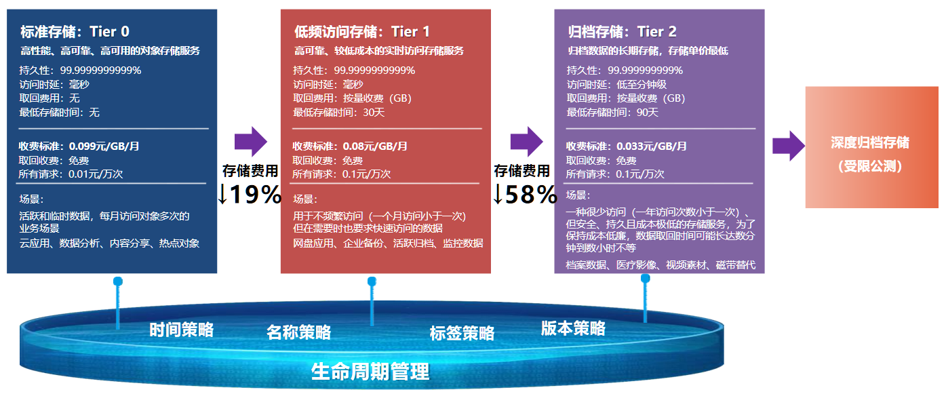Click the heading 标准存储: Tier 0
[x=75, y=32]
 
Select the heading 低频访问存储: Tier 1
[x=362, y=32]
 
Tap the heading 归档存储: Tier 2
[x=622, y=32]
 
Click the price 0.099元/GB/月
[x=104, y=146]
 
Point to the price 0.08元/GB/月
[x=375, y=146]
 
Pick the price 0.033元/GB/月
[x=651, y=146]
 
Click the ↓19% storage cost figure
[x=249, y=194]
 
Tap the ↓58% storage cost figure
[x=525, y=194]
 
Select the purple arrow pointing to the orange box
[x=789, y=146]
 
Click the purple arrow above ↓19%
[x=251, y=142]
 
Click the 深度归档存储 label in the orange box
[x=870, y=142]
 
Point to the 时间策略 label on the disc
[x=182, y=330]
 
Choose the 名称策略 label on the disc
[x=298, y=332]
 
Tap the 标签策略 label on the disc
[x=462, y=333]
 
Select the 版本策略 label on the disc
[x=573, y=328]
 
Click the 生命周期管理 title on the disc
[x=370, y=372]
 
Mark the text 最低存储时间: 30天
[x=338, y=113]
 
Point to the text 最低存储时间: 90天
[x=612, y=113]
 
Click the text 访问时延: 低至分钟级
[x=616, y=85]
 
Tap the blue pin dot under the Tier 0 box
[x=118, y=281]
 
